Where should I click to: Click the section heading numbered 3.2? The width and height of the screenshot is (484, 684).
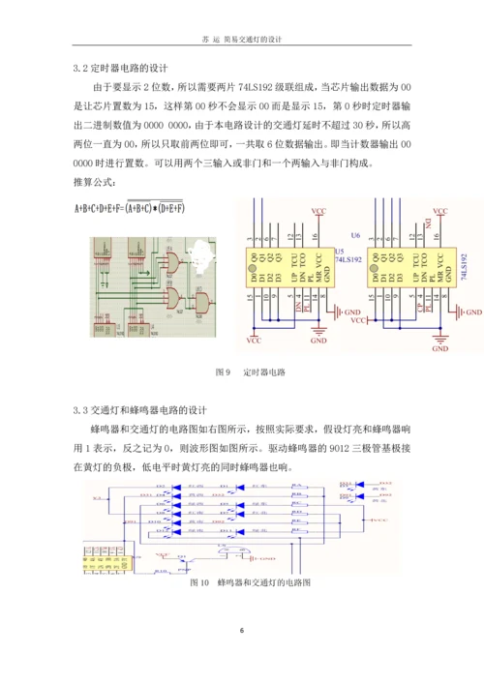coord(120,70)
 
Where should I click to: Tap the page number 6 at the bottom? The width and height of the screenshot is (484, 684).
coord(242,630)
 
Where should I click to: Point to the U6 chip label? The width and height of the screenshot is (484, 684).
coord(355,234)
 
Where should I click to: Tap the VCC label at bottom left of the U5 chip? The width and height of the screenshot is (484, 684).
coord(255,341)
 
